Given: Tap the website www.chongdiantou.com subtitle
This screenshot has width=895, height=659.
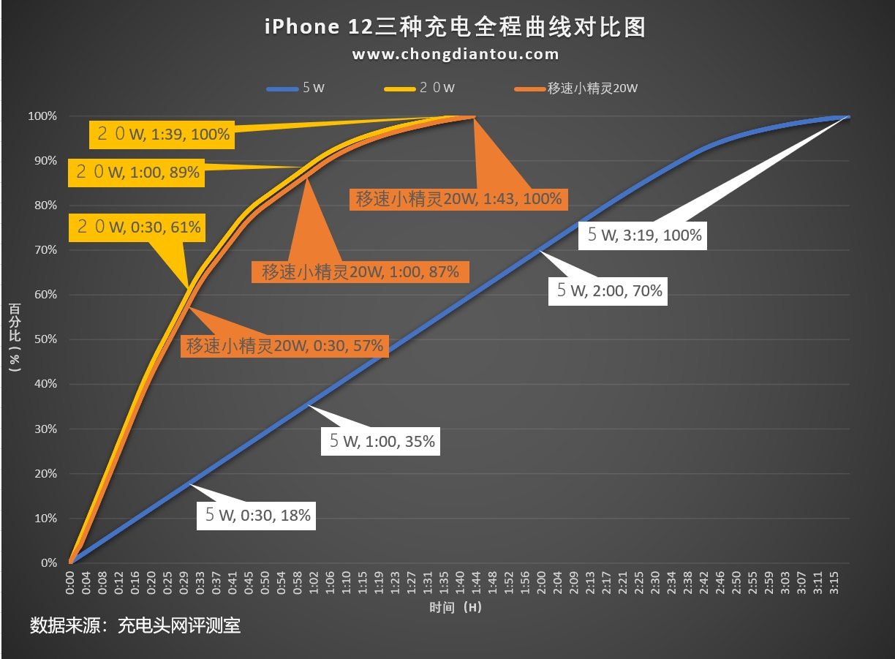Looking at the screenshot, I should click(x=455, y=54).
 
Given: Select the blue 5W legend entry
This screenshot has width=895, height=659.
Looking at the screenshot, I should click(x=296, y=89).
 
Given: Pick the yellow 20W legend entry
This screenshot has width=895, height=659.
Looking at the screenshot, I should click(x=420, y=89).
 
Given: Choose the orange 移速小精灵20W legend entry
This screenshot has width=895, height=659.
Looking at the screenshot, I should click(x=577, y=89).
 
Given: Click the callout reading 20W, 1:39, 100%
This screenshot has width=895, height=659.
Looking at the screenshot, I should click(x=159, y=134).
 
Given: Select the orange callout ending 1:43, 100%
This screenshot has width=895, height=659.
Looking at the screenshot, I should click(x=458, y=197).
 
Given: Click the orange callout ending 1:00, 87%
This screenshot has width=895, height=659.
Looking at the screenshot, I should click(x=360, y=272).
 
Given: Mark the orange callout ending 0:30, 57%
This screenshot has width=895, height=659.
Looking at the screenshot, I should click(x=284, y=345).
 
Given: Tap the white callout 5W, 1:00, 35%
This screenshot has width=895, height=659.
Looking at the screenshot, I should click(x=381, y=440).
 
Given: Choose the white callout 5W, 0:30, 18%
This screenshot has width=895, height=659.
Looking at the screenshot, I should click(x=257, y=514).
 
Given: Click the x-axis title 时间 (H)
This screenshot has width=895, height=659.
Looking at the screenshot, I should click(x=456, y=607).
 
